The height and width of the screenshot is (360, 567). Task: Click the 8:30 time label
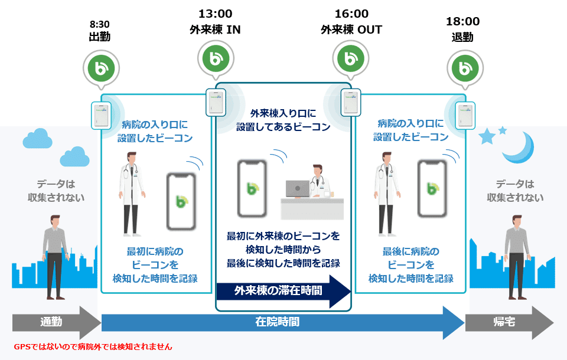click(99, 25)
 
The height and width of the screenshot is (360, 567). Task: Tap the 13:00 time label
click(215, 14)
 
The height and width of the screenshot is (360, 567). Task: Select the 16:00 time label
click(351, 14)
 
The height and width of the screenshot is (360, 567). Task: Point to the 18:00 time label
click(462, 22)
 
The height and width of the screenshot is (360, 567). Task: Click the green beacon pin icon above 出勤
click(99, 68)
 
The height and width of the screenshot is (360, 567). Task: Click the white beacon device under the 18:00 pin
click(464, 115)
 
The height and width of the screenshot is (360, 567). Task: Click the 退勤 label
click(462, 37)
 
